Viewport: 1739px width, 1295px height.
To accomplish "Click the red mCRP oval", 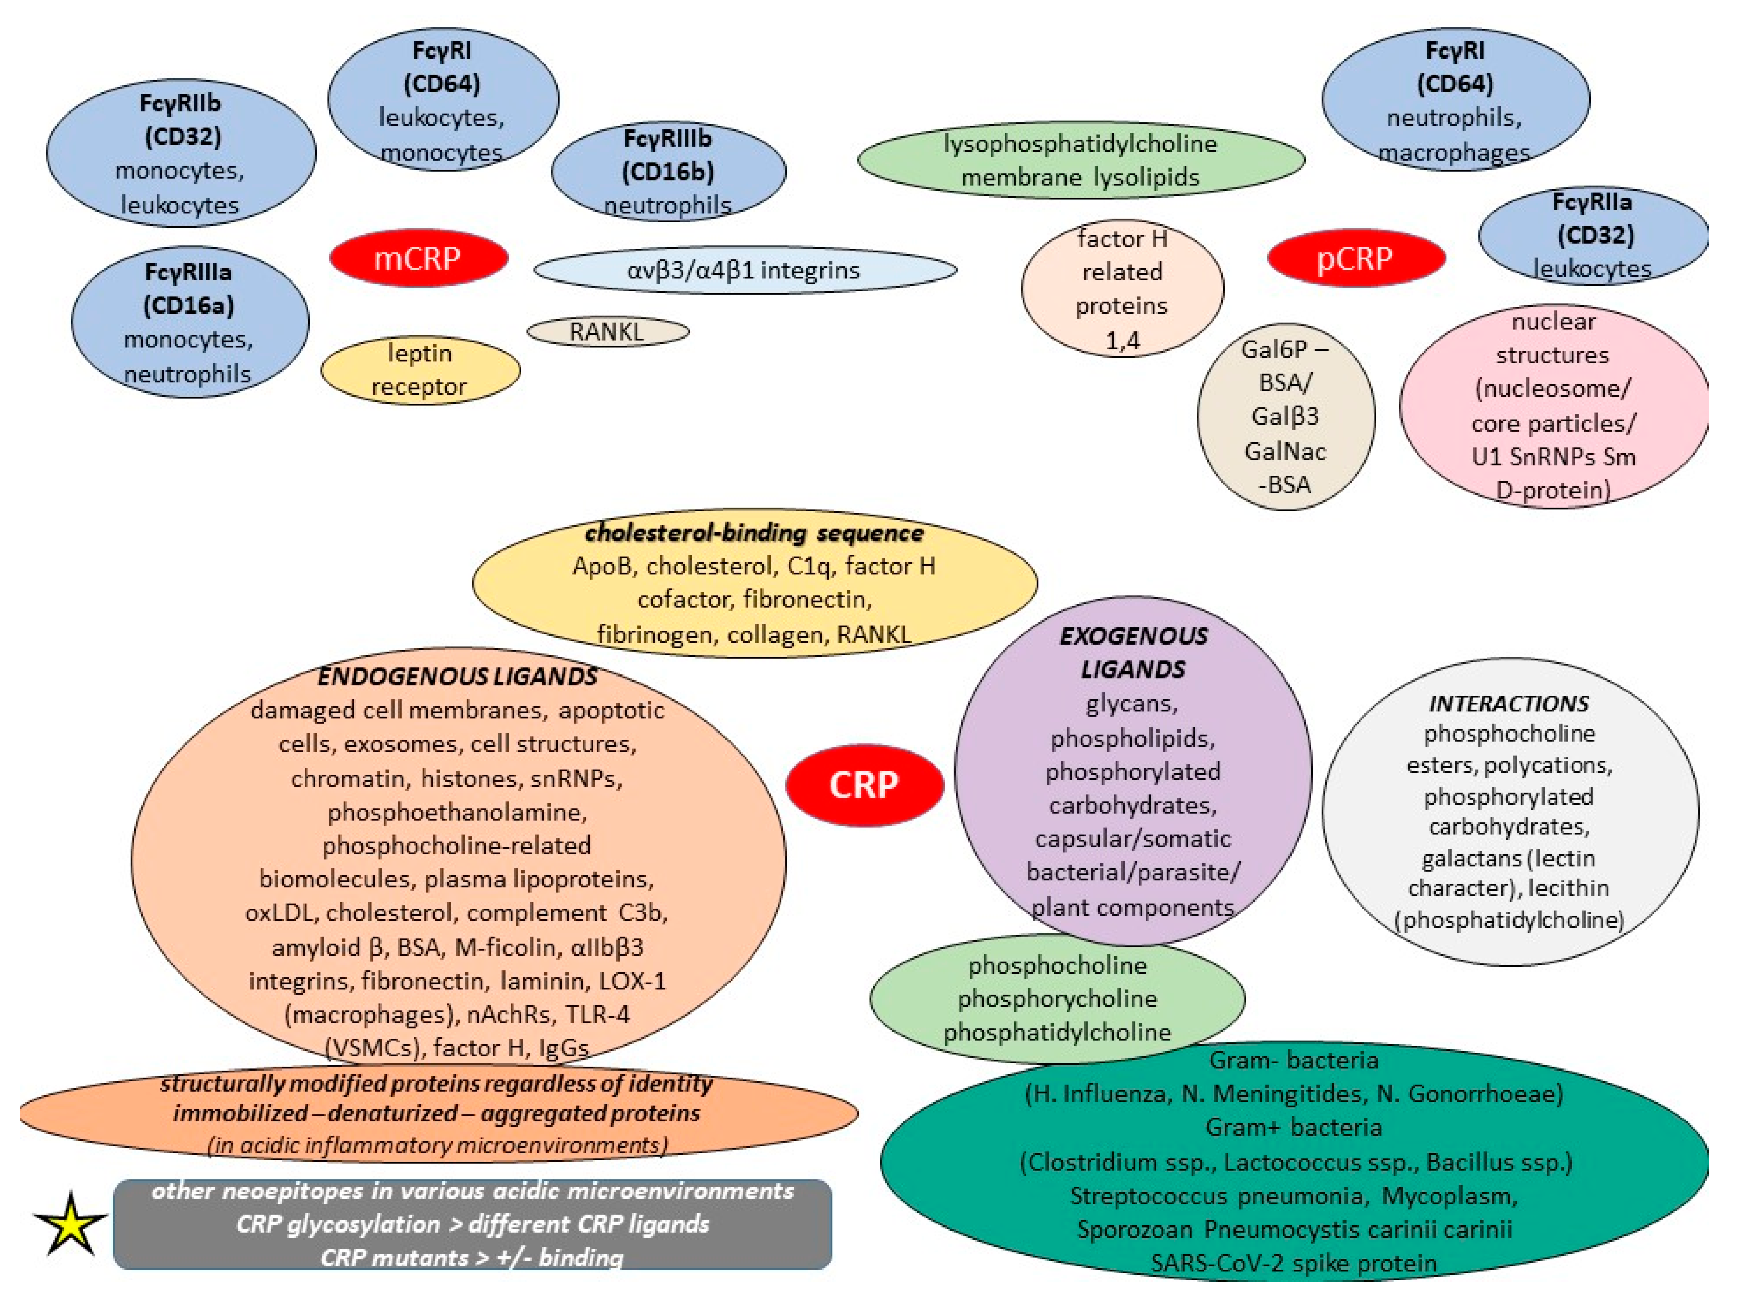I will (x=418, y=258).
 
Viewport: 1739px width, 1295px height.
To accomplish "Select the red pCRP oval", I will (x=1356, y=258).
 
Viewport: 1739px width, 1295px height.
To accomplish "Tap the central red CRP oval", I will (x=864, y=784).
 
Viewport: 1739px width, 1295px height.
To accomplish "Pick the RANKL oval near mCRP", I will (x=607, y=331).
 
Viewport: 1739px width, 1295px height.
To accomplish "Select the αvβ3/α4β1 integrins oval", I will (x=744, y=270).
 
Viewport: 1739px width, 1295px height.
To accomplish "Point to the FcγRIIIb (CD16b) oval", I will (x=668, y=171).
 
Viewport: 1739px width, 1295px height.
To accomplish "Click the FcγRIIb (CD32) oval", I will (x=181, y=153).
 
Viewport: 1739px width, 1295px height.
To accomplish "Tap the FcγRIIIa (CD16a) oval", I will (x=189, y=322).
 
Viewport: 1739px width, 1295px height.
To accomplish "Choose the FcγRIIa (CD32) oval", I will (x=1592, y=235).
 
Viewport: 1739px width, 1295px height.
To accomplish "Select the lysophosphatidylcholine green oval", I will (x=1081, y=160).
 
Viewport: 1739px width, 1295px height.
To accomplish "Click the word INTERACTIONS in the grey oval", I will (x=1508, y=703).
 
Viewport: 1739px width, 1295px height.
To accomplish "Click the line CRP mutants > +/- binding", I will (x=472, y=1257).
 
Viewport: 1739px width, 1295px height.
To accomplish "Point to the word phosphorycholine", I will (x=1057, y=999).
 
